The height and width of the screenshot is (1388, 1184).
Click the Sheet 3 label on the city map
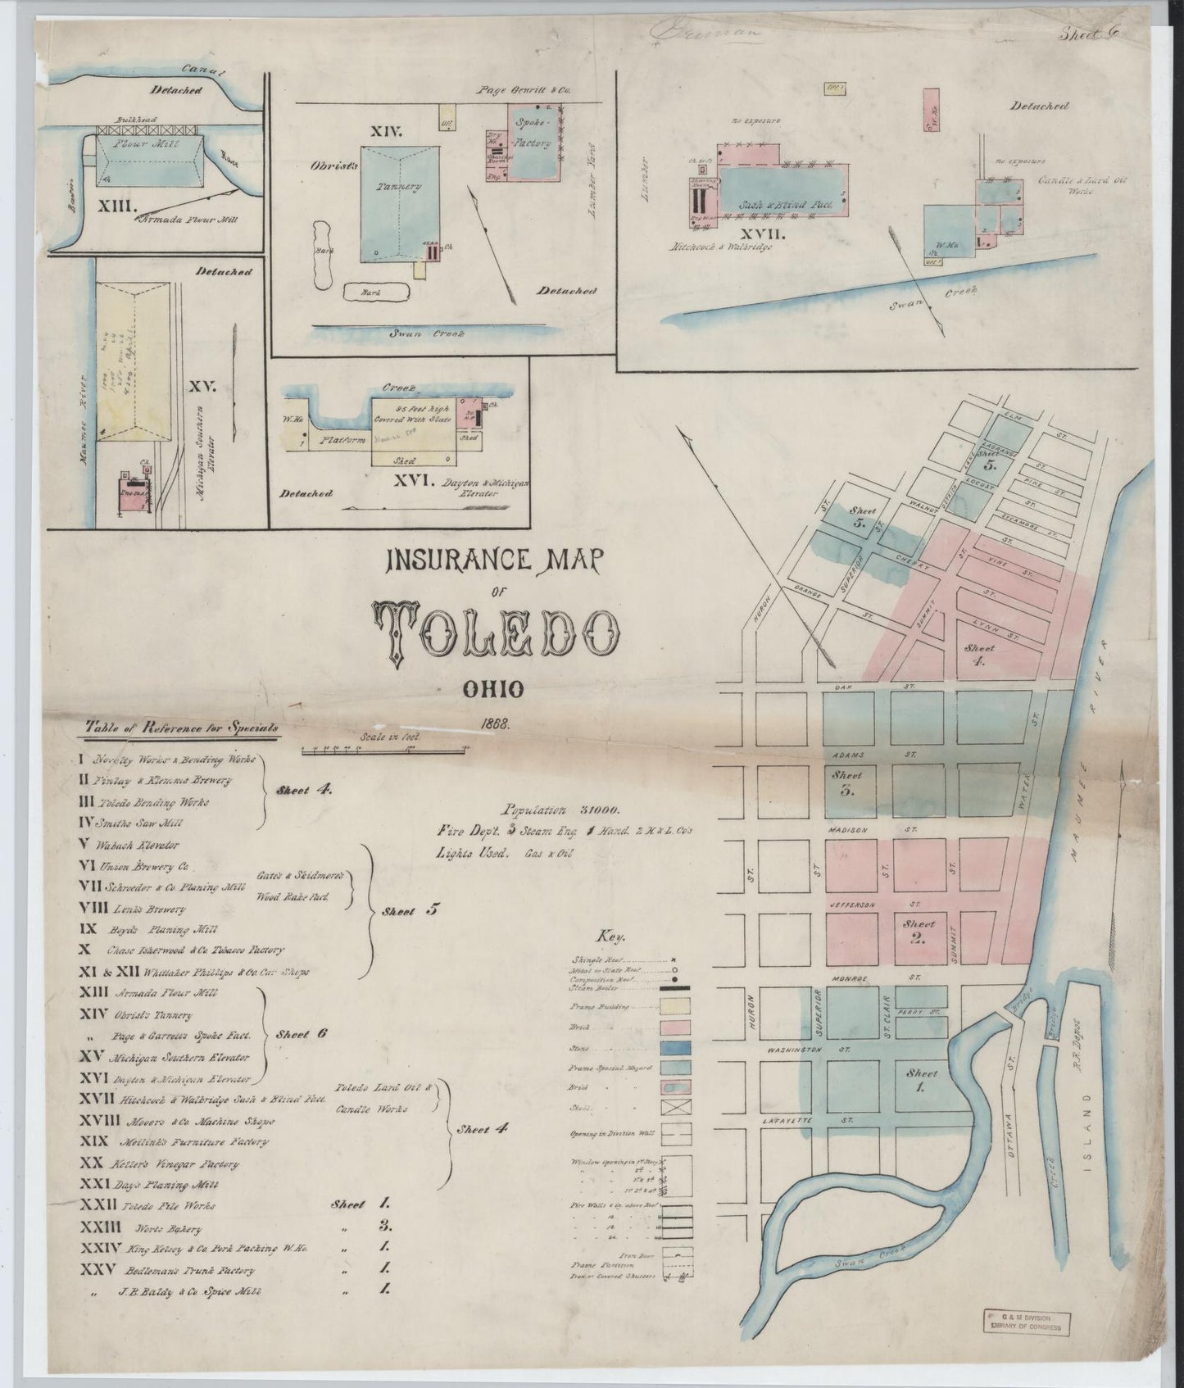[x=847, y=782]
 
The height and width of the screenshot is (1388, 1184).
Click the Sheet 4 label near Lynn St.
[x=979, y=652]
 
